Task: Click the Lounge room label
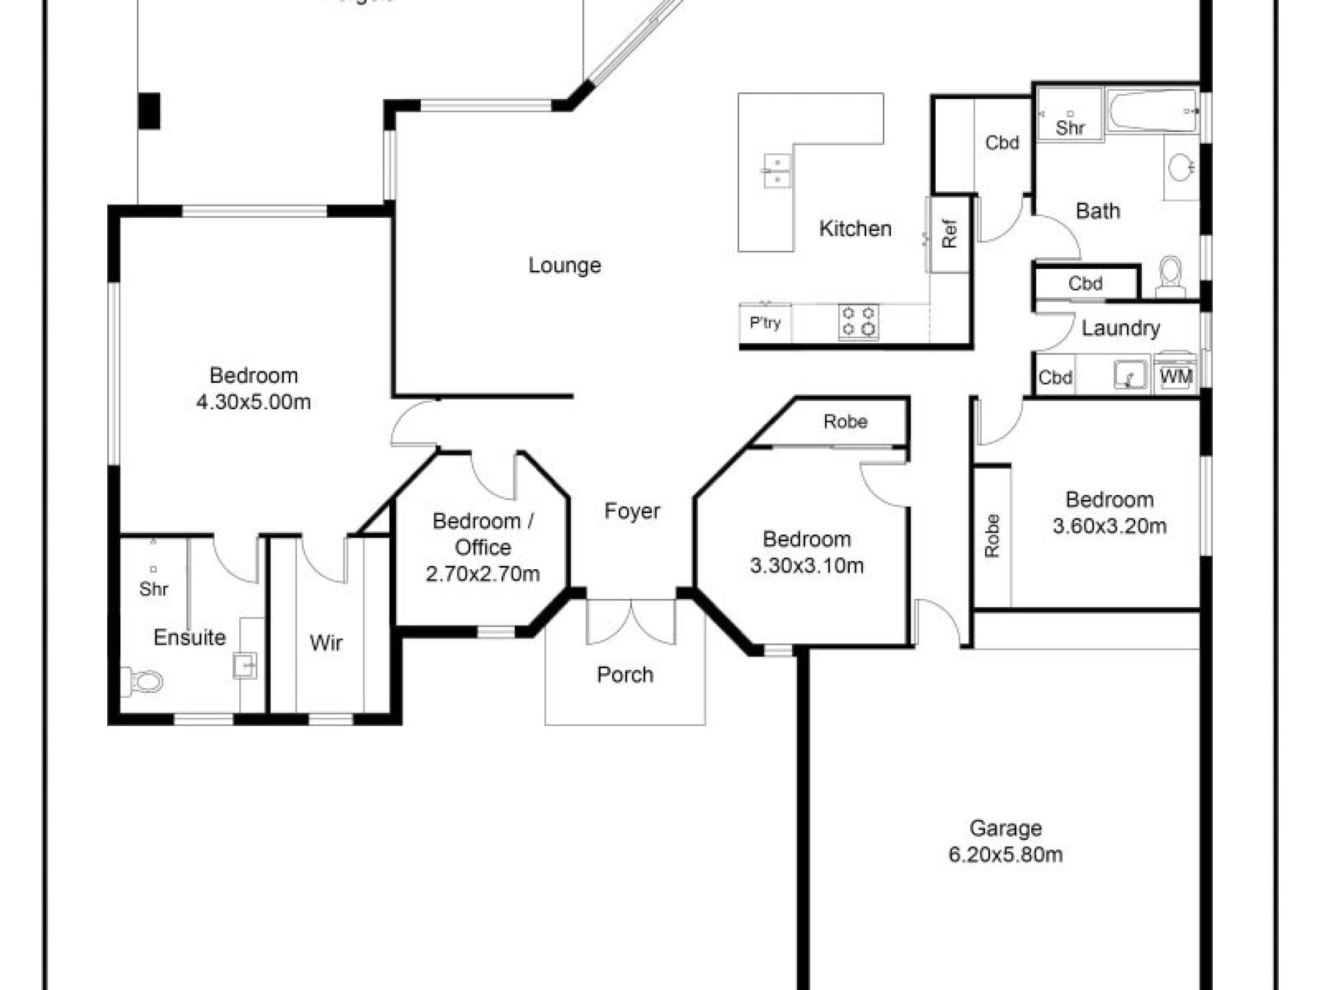pos(564,265)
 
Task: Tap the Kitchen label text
pos(855,228)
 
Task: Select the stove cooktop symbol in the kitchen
pos(859,321)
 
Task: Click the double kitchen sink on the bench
pos(777,170)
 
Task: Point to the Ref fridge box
pos(949,234)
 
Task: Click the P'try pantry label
pos(764,322)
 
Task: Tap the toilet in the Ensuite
pos(144,681)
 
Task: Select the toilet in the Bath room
pos(1170,275)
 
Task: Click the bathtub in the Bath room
pos(1152,111)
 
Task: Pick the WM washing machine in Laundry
pos(1176,375)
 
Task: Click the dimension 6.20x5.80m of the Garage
pos(1005,855)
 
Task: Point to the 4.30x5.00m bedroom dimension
pos(253,402)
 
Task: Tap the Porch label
pos(624,674)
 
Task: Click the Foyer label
pos(632,511)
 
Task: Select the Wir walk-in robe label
pos(326,643)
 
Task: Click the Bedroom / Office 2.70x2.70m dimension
pos(483,573)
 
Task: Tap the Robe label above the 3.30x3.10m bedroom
pos(845,421)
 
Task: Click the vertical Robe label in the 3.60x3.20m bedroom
pos(991,536)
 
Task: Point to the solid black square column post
pos(149,111)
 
